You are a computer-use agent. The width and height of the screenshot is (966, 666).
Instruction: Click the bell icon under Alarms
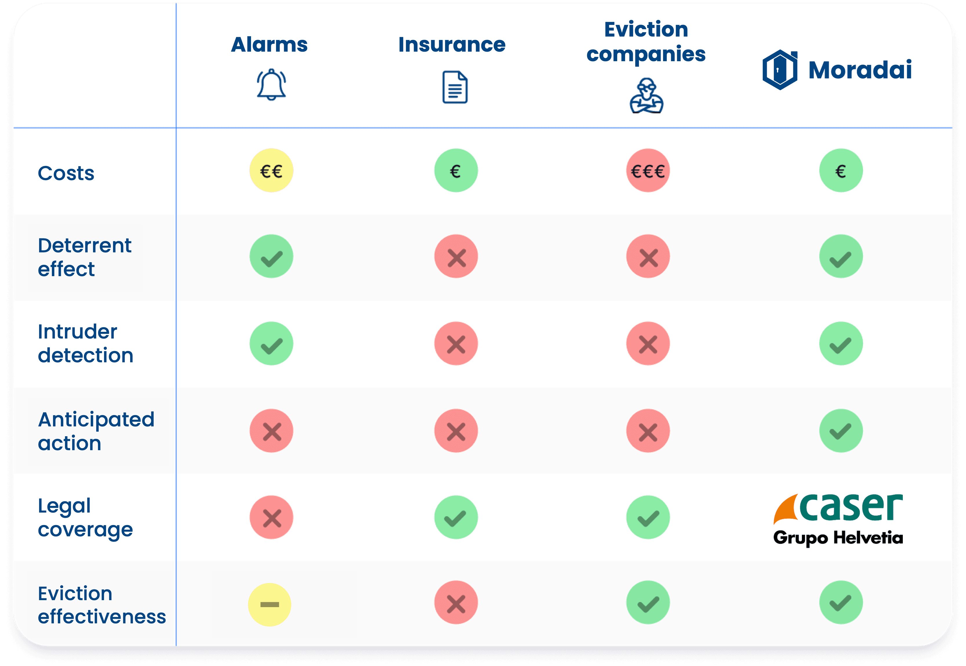point(271,85)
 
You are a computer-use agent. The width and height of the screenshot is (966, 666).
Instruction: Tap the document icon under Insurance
point(455,87)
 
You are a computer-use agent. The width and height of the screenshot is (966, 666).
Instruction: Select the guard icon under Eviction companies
point(647,95)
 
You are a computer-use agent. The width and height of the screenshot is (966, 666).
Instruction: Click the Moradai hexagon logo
point(780,70)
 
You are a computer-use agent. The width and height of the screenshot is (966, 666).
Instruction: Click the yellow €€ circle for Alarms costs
point(271,170)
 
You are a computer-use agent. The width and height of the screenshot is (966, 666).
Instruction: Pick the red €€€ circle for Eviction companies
point(648,170)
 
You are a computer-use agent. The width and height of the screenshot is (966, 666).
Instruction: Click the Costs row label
point(66,173)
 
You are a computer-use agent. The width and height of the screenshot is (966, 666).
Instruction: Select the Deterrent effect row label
point(85,257)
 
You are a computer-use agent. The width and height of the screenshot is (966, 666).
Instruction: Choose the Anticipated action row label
point(96,431)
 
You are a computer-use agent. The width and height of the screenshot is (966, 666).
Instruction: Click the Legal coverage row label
point(85,518)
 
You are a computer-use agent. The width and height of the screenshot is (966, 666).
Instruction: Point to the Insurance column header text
point(452,45)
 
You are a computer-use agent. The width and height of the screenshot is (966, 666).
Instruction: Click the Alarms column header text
point(269,45)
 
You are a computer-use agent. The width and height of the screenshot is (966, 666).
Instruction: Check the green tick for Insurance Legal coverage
point(456,517)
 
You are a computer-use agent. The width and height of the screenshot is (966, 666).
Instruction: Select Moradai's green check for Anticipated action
point(841,431)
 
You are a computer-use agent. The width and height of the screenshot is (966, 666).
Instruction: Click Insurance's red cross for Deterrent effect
point(456,256)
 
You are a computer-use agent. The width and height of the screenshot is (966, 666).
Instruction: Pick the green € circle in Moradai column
point(841,170)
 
